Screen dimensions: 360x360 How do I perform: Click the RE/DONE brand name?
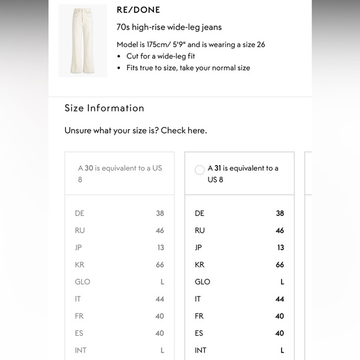pyautogui.click(x=138, y=10)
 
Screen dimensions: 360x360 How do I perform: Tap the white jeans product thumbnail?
pyautogui.click(x=83, y=40)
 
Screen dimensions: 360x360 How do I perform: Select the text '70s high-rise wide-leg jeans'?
pyautogui.click(x=169, y=27)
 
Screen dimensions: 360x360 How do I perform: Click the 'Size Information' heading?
pyautogui.click(x=104, y=108)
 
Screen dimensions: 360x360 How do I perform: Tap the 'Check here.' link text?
pyautogui.click(x=184, y=131)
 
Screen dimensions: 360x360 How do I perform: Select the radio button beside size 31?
pyautogui.click(x=200, y=169)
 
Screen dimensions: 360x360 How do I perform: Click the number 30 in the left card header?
pyautogui.click(x=89, y=168)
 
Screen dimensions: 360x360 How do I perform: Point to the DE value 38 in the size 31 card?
pyautogui.click(x=280, y=214)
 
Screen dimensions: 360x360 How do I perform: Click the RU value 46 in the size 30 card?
pyautogui.click(x=160, y=230)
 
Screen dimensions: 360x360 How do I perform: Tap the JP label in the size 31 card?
pyautogui.click(x=199, y=248)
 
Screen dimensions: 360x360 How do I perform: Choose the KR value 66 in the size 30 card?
pyautogui.click(x=160, y=264)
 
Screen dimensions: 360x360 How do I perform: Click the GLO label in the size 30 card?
pyautogui.click(x=83, y=282)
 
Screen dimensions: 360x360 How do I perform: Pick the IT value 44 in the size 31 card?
pyautogui.click(x=280, y=299)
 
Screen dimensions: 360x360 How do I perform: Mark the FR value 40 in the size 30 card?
pyautogui.click(x=160, y=316)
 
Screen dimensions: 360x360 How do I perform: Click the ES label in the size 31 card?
pyautogui.click(x=199, y=333)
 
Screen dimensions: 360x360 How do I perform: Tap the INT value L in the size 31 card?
pyautogui.click(x=282, y=350)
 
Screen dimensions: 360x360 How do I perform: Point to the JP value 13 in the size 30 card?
pyautogui.click(x=160, y=248)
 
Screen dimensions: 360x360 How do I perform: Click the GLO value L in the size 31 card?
pyautogui.click(x=282, y=282)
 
